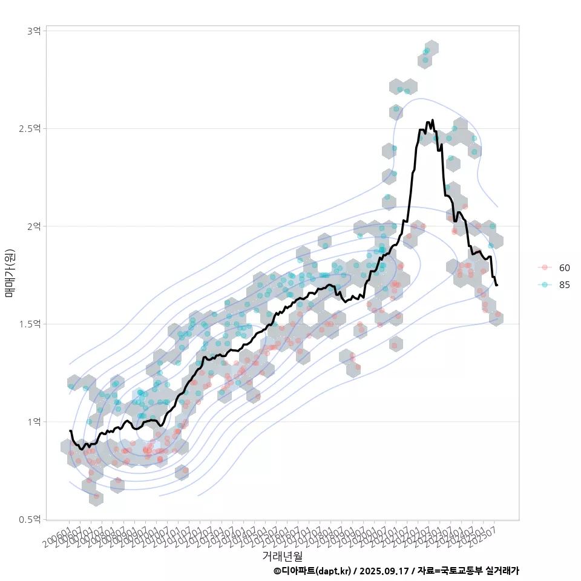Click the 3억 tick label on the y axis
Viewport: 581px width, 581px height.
click(33, 31)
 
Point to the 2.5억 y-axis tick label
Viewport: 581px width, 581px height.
click(30, 128)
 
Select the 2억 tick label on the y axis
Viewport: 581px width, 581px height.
click(33, 226)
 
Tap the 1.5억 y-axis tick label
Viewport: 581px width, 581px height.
click(30, 324)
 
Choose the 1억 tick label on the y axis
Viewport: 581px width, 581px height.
click(33, 421)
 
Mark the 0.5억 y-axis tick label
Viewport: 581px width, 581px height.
click(30, 519)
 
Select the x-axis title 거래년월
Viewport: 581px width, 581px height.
click(282, 556)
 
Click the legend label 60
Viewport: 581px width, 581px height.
click(565, 268)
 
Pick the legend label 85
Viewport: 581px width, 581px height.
click(565, 284)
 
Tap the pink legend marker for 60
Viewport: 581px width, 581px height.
click(545, 268)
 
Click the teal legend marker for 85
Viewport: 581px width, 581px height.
click(545, 284)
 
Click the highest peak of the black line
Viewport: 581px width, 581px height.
click(432, 120)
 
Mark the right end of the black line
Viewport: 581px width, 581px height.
click(497, 285)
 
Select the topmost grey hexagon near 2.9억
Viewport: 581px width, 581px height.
click(431, 48)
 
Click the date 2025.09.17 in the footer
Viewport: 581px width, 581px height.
click(385, 571)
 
